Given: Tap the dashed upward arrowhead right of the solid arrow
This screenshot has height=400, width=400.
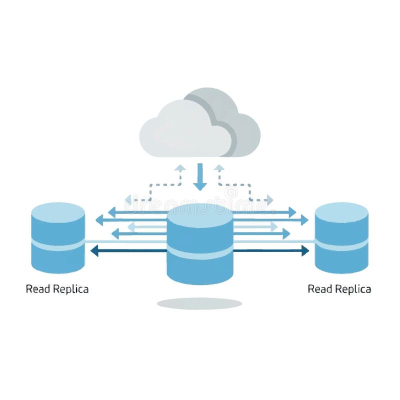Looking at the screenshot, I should [x=219, y=168].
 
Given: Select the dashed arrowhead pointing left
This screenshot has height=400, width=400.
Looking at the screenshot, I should [x=128, y=200].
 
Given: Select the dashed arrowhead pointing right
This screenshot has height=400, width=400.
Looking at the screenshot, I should [x=269, y=200].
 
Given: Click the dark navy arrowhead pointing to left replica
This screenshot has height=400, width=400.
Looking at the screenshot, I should [x=94, y=250].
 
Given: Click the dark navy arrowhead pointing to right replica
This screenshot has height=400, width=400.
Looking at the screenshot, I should [x=305, y=250].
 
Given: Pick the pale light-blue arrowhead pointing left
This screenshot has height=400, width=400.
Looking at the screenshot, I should [x=131, y=227].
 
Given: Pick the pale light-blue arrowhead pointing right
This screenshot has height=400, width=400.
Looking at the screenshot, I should [x=273, y=226].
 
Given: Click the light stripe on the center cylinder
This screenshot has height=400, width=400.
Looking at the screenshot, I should [x=199, y=252].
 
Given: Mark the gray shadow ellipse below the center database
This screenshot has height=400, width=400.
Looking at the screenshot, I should [x=199, y=303].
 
